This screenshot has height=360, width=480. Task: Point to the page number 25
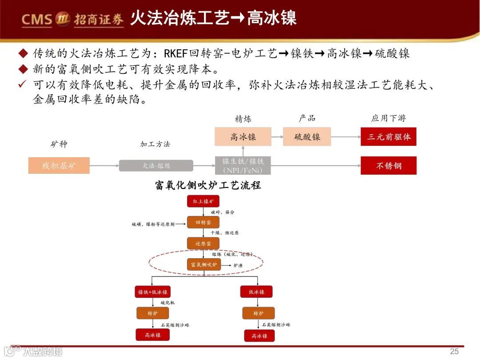pos(454,351)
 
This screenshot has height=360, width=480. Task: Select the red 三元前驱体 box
pos(388,137)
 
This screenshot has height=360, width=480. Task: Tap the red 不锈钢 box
pos(388,165)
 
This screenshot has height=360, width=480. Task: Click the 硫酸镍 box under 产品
pos(307,137)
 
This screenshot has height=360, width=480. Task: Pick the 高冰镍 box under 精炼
pos(243,137)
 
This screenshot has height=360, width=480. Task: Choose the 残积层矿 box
pos(59,165)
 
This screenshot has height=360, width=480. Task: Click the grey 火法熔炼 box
pos(156,165)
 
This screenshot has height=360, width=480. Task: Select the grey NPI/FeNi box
pos(243,165)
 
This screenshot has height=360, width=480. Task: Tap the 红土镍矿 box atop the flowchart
pos(203,201)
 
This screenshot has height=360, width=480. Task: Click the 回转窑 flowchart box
pos(203,222)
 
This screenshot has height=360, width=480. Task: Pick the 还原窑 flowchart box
pos(203,244)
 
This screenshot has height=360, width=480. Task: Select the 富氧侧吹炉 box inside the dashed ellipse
pos(203,265)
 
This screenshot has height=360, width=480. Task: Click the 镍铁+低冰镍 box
pos(152,292)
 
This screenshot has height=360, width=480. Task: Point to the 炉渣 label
pos(238,265)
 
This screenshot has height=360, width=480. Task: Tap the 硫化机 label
pos(168,303)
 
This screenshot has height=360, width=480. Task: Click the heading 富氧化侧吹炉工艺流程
pos(208,185)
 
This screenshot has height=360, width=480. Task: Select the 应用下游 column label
pos(388,118)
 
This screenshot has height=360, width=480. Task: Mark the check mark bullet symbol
pos(22,84)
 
